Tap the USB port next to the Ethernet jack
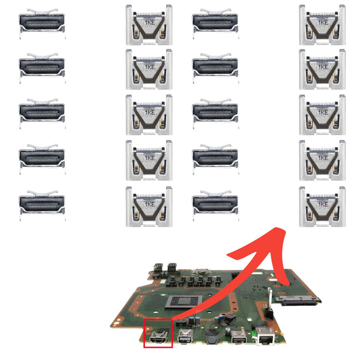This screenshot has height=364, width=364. tap(238, 337)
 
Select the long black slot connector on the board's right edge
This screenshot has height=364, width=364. tap(296, 301)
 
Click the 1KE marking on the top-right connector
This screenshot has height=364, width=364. tap(323, 22)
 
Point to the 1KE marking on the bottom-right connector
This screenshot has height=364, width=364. tap(323, 204)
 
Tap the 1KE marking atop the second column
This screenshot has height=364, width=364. tap(150, 22)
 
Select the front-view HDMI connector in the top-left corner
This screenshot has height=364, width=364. tap(42, 24)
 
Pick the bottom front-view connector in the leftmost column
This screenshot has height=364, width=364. tap(42, 205)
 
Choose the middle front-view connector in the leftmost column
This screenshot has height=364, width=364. tap(42, 114)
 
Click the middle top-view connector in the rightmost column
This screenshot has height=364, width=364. tap(322, 115)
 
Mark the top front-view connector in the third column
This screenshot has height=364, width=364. tap(215, 24)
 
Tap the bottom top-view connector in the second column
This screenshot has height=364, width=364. tap(149, 206)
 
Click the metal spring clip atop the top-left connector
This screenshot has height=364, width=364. tap(42, 11)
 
